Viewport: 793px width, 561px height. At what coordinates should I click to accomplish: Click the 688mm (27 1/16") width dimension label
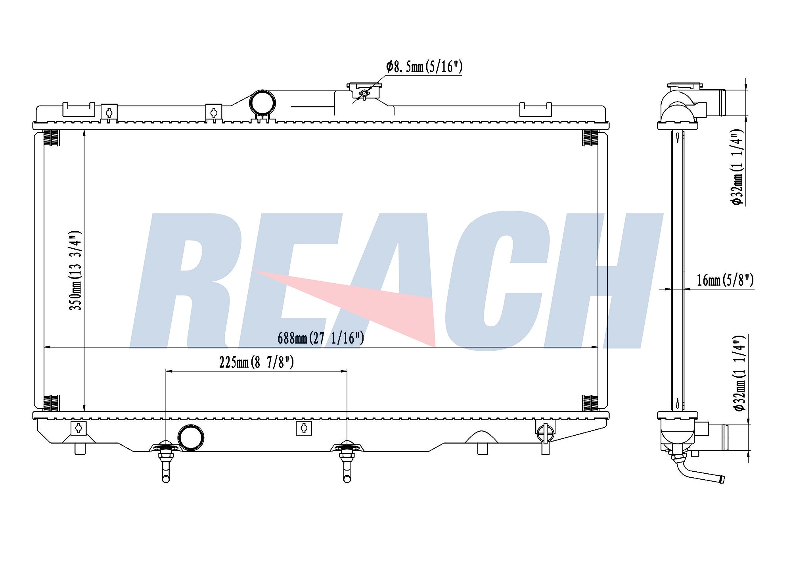(x=321, y=338)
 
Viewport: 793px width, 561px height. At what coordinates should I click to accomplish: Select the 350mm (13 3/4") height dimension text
(x=75, y=270)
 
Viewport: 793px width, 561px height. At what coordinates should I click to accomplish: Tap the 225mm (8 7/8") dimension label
(x=257, y=362)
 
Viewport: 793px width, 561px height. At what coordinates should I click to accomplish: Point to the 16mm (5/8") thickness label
(x=725, y=280)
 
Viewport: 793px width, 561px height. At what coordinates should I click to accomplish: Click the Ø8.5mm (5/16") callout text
(x=424, y=67)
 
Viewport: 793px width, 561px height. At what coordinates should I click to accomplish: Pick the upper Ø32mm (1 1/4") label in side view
(x=738, y=167)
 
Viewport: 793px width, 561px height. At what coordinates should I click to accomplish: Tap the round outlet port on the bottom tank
(x=191, y=438)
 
